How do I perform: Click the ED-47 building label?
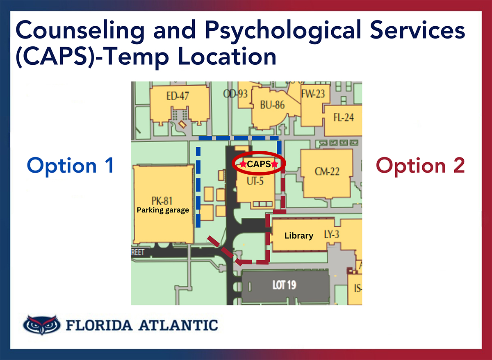178,96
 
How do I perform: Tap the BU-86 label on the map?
272,105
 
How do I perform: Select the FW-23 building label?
313,94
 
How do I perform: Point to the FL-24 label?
344,118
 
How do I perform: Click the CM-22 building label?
327,171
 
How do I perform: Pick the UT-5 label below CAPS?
255,181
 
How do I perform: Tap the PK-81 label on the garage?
162,201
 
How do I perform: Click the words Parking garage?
163,210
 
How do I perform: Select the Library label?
299,236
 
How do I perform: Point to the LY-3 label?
332,235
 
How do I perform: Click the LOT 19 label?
285,285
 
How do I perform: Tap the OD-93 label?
235,94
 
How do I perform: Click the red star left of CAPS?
243,164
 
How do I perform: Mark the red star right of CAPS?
275,164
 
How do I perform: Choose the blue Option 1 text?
70,166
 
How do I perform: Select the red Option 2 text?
420,166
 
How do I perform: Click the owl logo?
42,325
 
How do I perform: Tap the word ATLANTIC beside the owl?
178,325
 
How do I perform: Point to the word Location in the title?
227,57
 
